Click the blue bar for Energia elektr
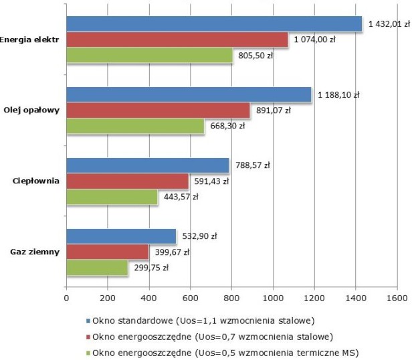tap(214, 24)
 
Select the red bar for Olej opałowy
tap(158, 110)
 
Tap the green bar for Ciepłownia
tap(112, 197)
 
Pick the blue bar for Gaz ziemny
tap(121, 236)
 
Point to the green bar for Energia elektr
tap(149, 56)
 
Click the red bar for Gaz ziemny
tap(107, 252)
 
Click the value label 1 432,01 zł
tap(389, 24)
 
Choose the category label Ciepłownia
tap(35, 181)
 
